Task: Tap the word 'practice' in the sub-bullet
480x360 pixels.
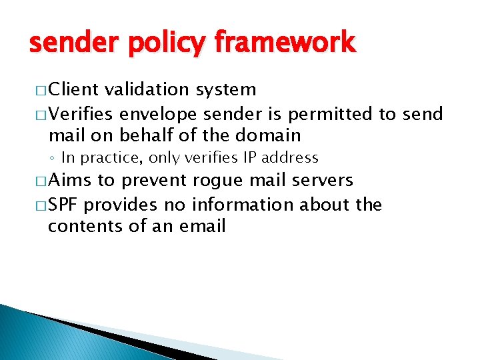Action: tap(119, 158)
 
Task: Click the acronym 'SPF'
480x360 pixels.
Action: tap(63, 204)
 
